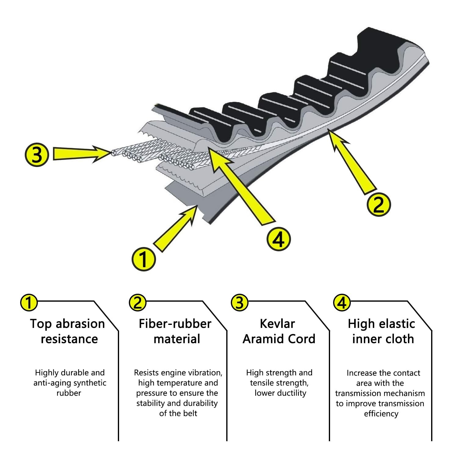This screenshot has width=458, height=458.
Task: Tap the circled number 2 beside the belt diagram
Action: (x=379, y=205)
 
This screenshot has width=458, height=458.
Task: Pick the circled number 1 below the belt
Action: (x=144, y=259)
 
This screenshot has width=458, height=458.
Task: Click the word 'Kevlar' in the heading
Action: (x=278, y=324)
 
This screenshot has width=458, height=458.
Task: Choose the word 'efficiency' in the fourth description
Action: (x=381, y=414)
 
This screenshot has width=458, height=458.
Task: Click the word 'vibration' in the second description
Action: (x=204, y=373)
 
